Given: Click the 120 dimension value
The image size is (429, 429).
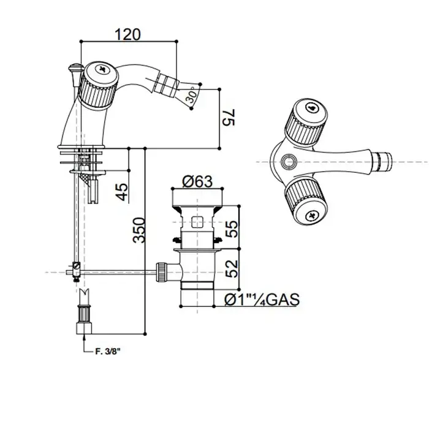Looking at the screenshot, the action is click(127, 34).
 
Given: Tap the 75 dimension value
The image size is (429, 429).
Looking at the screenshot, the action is click(229, 118).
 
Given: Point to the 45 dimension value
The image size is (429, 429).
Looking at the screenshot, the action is click(122, 191).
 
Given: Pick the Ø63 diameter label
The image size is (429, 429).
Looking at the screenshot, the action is click(197, 181).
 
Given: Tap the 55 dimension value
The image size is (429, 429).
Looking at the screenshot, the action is click(232, 229).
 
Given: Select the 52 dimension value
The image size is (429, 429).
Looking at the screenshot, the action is click(232, 268).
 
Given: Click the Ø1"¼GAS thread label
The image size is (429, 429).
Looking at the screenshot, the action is click(262, 299).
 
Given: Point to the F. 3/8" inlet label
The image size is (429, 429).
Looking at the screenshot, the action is click(108, 352).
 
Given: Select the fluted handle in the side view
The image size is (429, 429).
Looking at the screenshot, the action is click(97, 86).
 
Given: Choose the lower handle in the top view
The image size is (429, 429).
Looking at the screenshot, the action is click(306, 202).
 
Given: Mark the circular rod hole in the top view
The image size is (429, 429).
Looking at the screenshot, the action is click(289, 161).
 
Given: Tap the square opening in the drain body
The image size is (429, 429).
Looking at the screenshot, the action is click(197, 222).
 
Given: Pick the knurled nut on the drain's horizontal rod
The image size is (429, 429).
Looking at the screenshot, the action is click(161, 271).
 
